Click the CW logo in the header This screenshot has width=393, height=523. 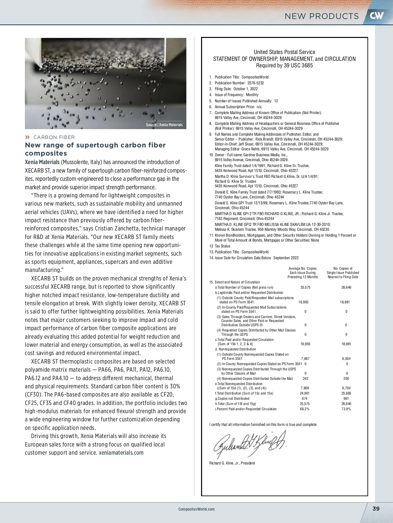pyautogui.click(x=377, y=15)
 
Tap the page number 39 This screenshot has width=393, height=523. pyautogui.click(x=376, y=509)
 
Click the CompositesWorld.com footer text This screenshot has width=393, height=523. pyautogui.click(x=196, y=509)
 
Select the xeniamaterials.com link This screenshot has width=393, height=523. pyautogui.click(x=121, y=453)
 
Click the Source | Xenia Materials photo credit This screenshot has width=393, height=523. pyautogui.click(x=164, y=125)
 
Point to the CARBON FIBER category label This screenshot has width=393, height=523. pyautogui.click(x=54, y=137)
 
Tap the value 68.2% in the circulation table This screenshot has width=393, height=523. pyautogui.click(x=305, y=409)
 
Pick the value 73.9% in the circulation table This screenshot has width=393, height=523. pyautogui.click(x=346, y=409)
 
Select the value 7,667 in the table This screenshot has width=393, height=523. pyautogui.click(x=305, y=359)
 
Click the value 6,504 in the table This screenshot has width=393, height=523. pyautogui.click(x=346, y=359)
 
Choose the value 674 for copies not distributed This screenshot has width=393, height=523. pyautogui.click(x=305, y=398)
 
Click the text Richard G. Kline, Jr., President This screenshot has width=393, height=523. pyautogui.click(x=232, y=463)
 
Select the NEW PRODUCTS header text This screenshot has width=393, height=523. pyautogui.click(x=322, y=16)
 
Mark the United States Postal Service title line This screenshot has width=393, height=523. pyautogui.click(x=284, y=52)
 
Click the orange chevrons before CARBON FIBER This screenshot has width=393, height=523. pyautogui.click(x=28, y=137)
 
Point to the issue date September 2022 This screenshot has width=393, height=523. pyautogui.click(x=286, y=258)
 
